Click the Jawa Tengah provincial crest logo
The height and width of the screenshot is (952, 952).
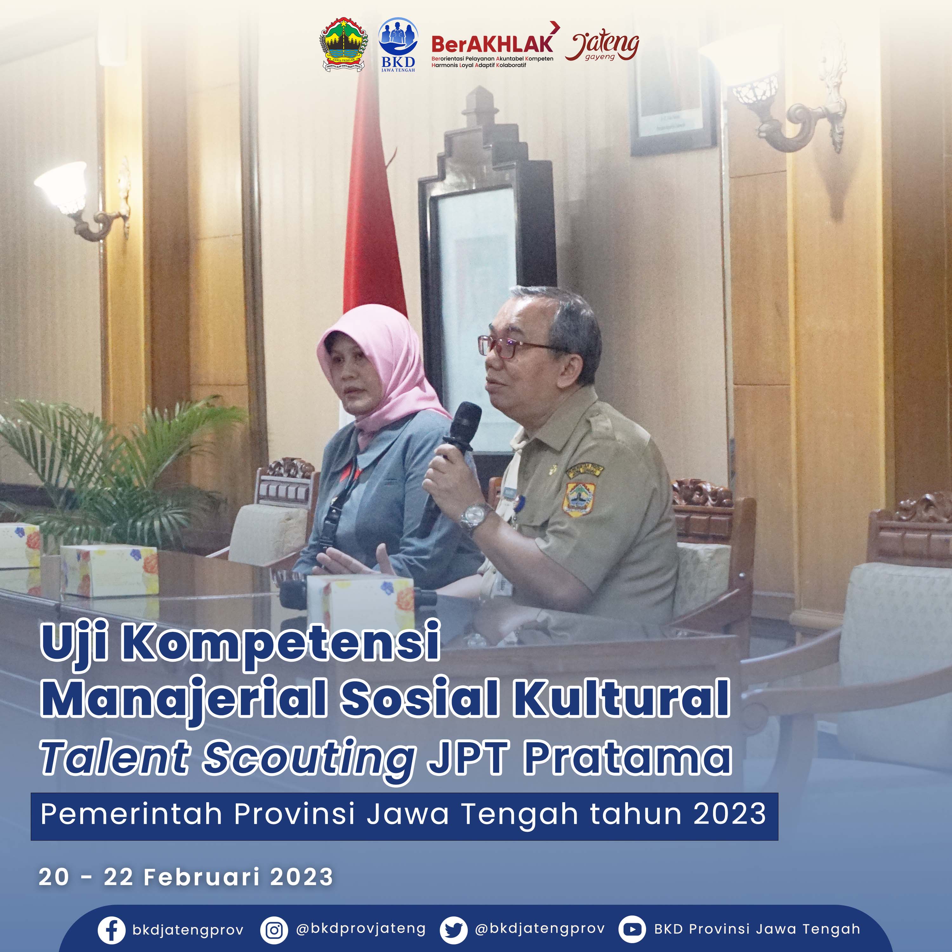[344, 45]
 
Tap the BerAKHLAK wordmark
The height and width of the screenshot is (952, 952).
[493, 44]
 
